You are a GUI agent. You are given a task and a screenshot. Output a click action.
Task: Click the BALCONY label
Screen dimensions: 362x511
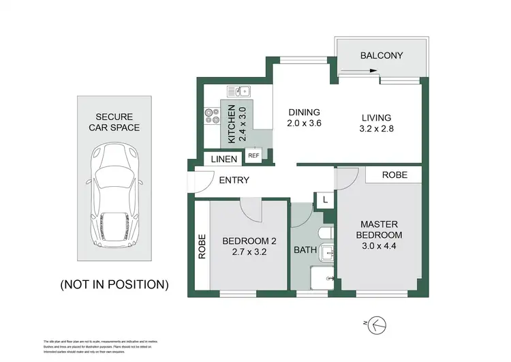coord(382,56)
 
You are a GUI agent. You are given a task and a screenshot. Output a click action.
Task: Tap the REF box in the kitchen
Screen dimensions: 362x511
coord(253,155)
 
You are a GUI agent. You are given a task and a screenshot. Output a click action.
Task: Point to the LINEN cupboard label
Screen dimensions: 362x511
coord(223,160)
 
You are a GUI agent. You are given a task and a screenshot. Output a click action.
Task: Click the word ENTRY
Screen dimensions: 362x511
coord(234,181)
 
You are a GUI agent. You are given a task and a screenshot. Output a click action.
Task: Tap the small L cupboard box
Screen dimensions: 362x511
coord(325,200)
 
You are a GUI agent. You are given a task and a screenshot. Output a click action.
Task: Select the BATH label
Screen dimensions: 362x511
coord(305,250)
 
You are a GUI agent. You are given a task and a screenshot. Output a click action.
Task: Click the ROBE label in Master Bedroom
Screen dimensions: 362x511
coord(394,175)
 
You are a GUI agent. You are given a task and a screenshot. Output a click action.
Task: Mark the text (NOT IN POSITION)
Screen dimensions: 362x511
coord(114,284)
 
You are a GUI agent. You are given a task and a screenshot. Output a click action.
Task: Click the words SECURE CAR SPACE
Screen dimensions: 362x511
coord(114,122)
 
